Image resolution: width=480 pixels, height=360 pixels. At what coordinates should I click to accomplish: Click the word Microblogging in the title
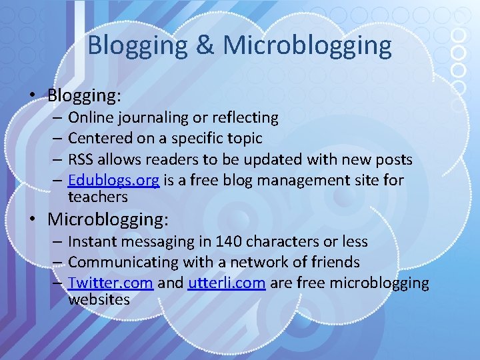coord(307,45)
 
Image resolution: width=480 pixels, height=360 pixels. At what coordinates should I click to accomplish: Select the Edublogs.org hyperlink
coord(113,181)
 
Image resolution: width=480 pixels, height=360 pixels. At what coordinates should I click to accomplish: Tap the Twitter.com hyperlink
coord(111,283)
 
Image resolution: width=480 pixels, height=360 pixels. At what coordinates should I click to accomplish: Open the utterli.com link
coord(227,283)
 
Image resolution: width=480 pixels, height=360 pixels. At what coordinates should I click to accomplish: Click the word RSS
coord(82,160)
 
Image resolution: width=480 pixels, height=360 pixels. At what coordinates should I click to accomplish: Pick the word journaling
coord(155,118)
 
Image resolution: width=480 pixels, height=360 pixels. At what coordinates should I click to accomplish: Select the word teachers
coord(97,197)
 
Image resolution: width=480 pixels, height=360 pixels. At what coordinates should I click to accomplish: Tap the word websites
coord(99,299)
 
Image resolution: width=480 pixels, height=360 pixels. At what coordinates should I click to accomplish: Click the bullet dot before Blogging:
coord(33,95)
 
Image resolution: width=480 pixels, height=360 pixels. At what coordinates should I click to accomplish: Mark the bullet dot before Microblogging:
coord(33,219)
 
